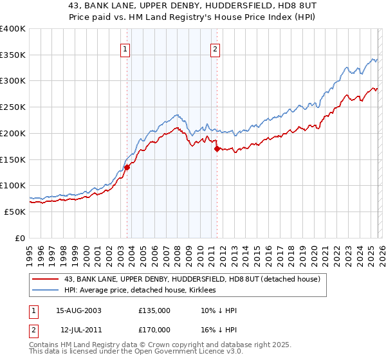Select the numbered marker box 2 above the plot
click(215, 48)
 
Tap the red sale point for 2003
click(127, 167)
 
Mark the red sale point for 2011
click(217, 148)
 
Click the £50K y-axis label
click(15, 212)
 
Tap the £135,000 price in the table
click(154, 310)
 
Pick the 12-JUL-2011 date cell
click(78, 328)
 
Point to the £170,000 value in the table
click(154, 328)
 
